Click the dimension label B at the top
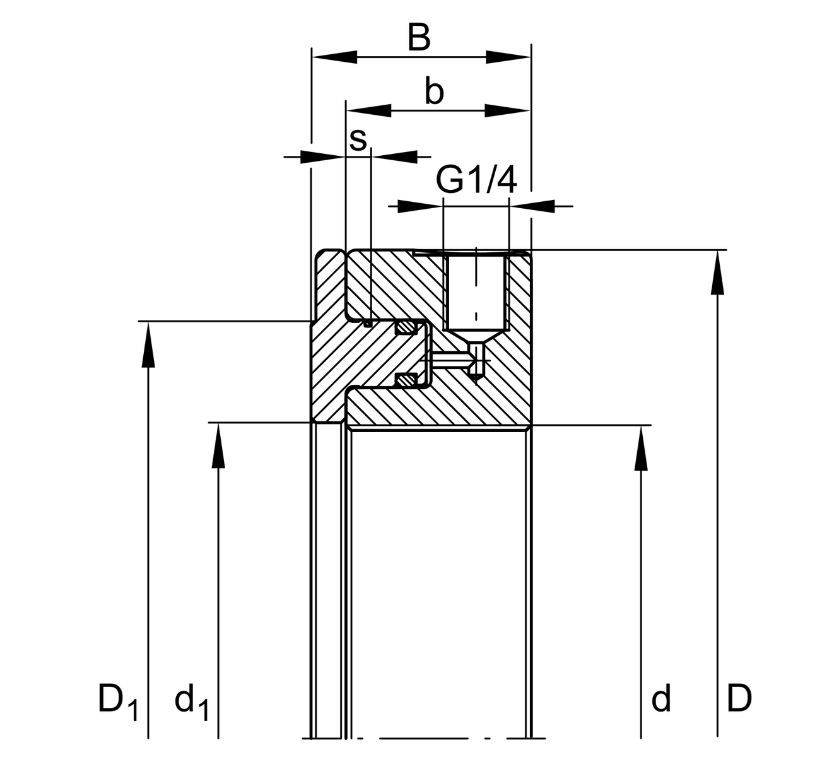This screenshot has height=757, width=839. [419, 38]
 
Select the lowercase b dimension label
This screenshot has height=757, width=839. [434, 92]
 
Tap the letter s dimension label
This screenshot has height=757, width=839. [358, 139]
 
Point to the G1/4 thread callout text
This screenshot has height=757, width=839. [476, 180]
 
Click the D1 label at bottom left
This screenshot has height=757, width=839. [117, 700]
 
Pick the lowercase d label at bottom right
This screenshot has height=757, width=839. [660, 699]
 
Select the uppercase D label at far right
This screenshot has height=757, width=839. [739, 699]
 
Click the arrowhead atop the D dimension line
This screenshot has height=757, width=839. [717, 271]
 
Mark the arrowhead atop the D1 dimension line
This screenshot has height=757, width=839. [148, 343]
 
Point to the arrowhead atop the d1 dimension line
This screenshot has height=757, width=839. [218, 445]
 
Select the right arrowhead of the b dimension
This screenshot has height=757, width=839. [508, 111]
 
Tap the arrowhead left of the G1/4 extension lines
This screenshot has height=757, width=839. [420, 206]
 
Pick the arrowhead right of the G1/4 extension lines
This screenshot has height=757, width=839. [532, 206]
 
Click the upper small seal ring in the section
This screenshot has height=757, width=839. [405, 327]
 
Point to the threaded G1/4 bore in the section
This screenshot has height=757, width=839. [476, 290]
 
